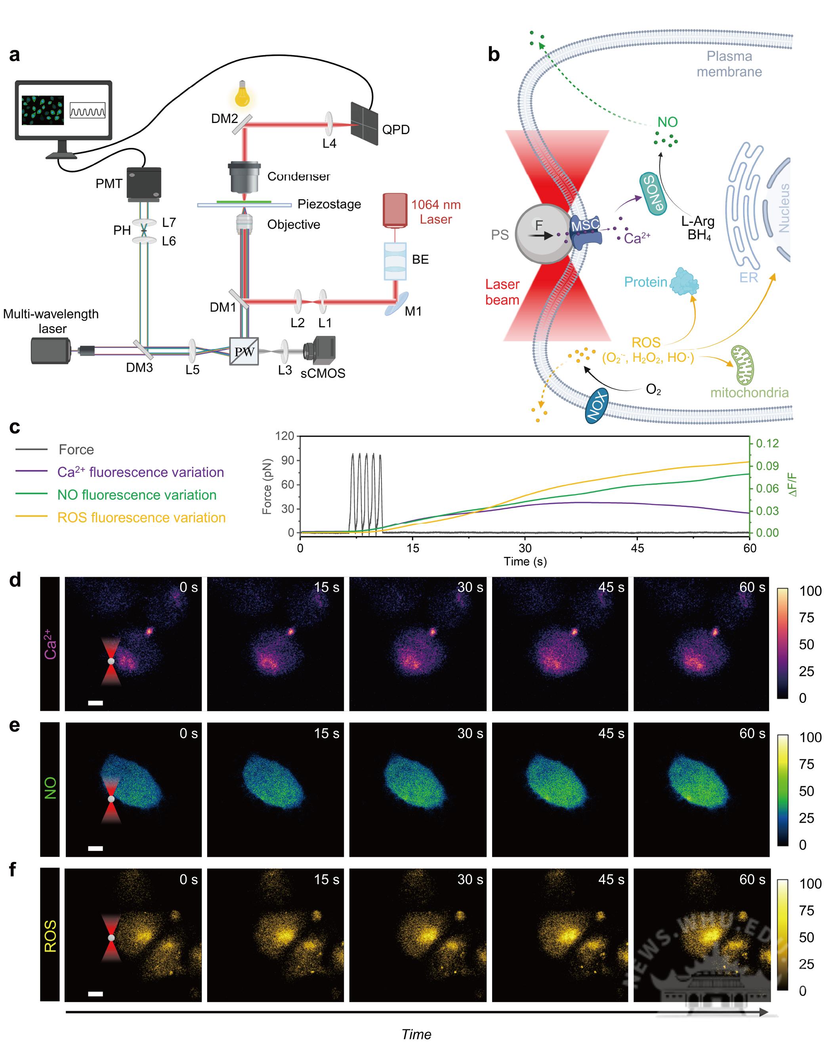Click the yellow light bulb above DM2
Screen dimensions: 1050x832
pyautogui.click(x=242, y=94)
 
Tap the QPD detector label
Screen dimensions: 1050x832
pyautogui.click(x=395, y=130)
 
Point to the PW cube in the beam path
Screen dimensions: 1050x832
pyautogui.click(x=244, y=351)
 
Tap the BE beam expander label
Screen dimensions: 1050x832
pyautogui.click(x=420, y=259)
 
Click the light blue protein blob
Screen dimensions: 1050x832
pyautogui.click(x=684, y=282)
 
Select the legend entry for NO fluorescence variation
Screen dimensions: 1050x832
pyautogui.click(x=137, y=495)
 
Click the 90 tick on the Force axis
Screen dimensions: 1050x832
pyautogui.click(x=288, y=460)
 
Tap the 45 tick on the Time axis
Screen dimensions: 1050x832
pyautogui.click(x=637, y=548)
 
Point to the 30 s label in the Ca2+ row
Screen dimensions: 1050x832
pyautogui.click(x=470, y=587)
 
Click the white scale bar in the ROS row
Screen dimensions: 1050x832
pyautogui.click(x=95, y=994)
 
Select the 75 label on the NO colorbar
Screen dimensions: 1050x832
pyautogui.click(x=806, y=764)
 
